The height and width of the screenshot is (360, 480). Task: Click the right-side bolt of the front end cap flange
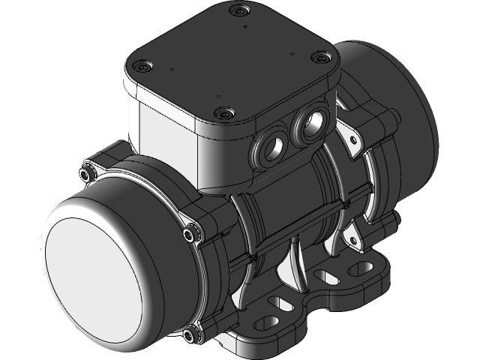tap(193, 235)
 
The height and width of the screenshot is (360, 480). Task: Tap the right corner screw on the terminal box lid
tap(322, 58)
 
